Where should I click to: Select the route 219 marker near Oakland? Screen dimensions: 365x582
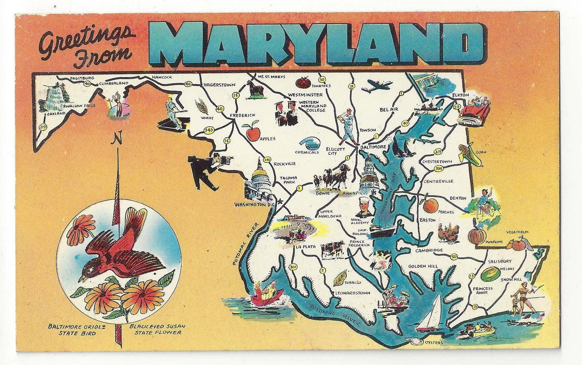[x=42, y=127]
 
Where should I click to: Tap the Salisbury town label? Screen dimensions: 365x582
[x=500, y=261]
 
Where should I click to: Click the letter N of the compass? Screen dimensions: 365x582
[x=115, y=140]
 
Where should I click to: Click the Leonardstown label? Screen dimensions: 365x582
[x=352, y=293]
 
